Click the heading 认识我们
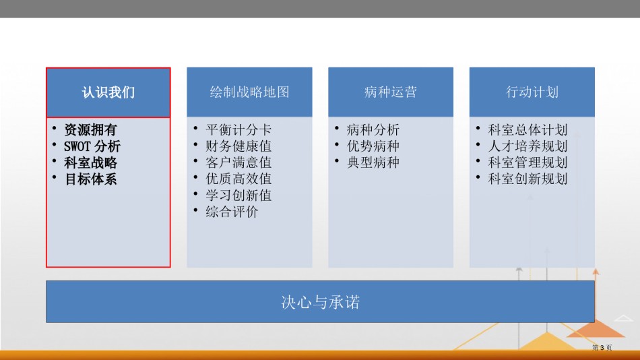[x=108, y=92]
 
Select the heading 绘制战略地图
[x=249, y=92]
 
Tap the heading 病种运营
[x=391, y=92]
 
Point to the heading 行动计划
[x=532, y=92]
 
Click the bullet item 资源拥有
[x=90, y=130]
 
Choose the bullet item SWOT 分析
[x=92, y=146]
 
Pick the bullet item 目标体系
[x=90, y=179]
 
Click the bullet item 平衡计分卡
[x=238, y=130]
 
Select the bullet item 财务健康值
[x=238, y=146]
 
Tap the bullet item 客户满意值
[x=238, y=162]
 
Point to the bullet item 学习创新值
[x=238, y=196]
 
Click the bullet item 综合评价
[x=232, y=212]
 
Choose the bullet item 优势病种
[x=373, y=146]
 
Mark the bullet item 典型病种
[x=373, y=162]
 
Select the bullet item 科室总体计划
[x=527, y=130]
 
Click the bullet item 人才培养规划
[x=527, y=146]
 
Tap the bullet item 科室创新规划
[x=527, y=179]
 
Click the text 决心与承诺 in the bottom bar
[x=321, y=303]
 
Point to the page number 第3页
[x=602, y=348]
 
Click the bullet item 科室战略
[x=90, y=162]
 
